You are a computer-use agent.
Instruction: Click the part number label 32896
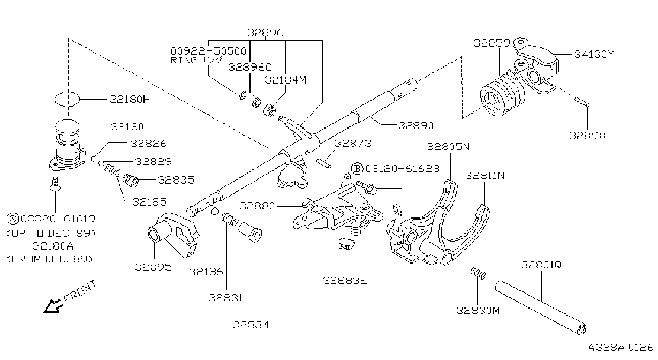coord(265,33)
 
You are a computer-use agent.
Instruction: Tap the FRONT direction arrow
coord(54,306)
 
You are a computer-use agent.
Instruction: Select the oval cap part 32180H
coord(67,99)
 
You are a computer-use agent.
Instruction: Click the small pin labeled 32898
coord(581,102)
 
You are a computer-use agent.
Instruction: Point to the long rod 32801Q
coord(541,307)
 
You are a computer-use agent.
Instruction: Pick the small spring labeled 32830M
coord(478,273)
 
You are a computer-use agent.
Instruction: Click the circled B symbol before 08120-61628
coord(357,169)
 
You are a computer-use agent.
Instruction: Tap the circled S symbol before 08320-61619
coord(13,219)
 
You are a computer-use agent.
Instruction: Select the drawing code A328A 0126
coord(621,347)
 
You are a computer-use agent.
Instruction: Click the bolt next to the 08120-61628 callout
coord(366,187)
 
